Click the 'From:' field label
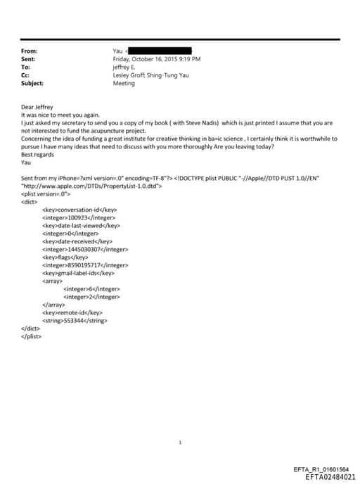[30, 51]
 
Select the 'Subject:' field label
[32, 83]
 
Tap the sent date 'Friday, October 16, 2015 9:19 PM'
[156, 59]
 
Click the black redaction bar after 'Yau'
[160, 51]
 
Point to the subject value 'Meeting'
[124, 83]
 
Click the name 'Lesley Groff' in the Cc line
[129, 75]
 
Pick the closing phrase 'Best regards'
[37, 154]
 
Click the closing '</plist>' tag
[32, 336]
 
